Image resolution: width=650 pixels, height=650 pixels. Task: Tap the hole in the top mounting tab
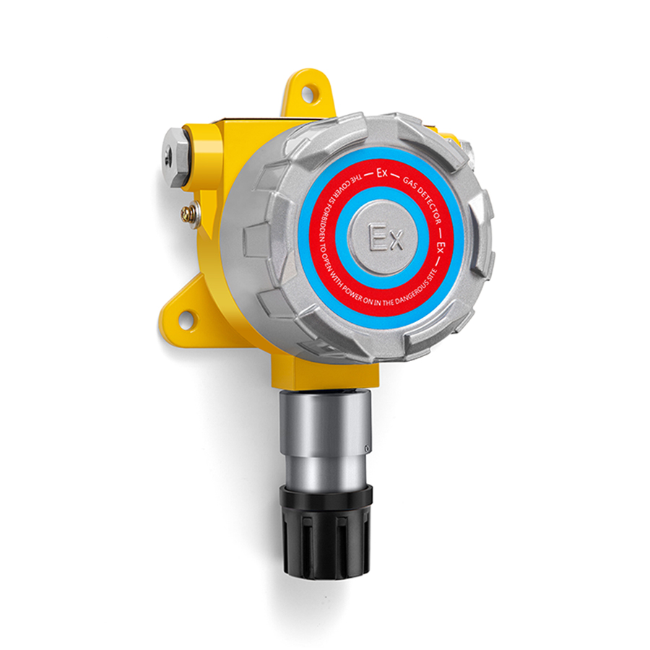(308, 93)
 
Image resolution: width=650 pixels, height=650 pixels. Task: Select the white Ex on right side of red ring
(442, 247)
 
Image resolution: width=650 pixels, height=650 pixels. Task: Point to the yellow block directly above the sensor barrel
(325, 372)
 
